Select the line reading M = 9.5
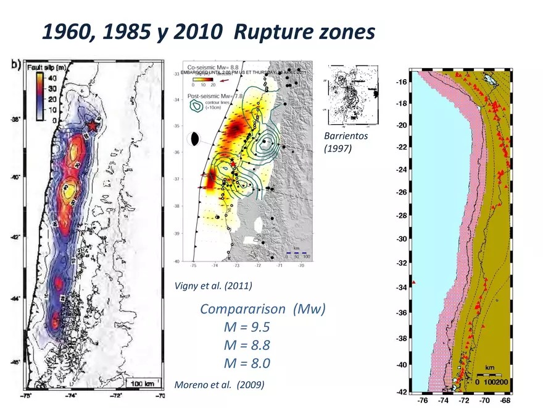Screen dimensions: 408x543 [x=247, y=327]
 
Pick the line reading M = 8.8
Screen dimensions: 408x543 [x=247, y=345]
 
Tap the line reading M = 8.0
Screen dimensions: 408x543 [x=247, y=363]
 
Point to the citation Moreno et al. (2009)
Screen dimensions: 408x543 [x=220, y=385]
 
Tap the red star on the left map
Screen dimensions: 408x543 [x=92, y=125]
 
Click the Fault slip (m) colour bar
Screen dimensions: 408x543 [x=38, y=96]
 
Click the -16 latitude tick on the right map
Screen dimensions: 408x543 [x=400, y=82]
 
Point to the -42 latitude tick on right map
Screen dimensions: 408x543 [x=400, y=392]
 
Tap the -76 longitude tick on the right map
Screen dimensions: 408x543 [x=423, y=401]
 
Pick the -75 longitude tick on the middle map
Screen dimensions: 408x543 [x=194, y=265]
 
